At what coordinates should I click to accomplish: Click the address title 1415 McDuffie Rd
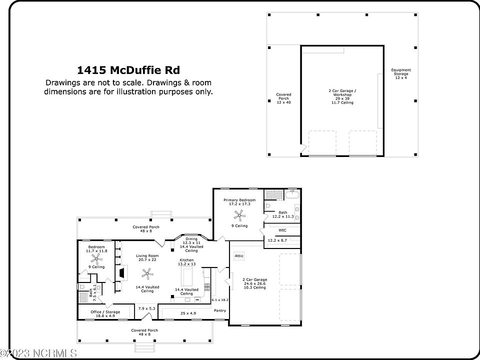pos(128,69)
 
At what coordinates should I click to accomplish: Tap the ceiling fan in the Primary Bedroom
pos(239,215)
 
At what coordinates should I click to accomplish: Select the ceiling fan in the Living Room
pos(146,273)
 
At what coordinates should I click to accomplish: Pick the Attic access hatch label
pos(238,255)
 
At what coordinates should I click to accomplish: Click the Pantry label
pos(219,310)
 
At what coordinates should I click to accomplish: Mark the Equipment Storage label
pos(401,73)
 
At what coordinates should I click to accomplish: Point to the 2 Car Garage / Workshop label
pos(342,96)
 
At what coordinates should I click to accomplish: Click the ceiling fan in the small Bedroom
pos(97,257)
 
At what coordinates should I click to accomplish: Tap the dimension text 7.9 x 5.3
pos(146,308)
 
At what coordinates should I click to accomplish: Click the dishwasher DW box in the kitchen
pos(197,299)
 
